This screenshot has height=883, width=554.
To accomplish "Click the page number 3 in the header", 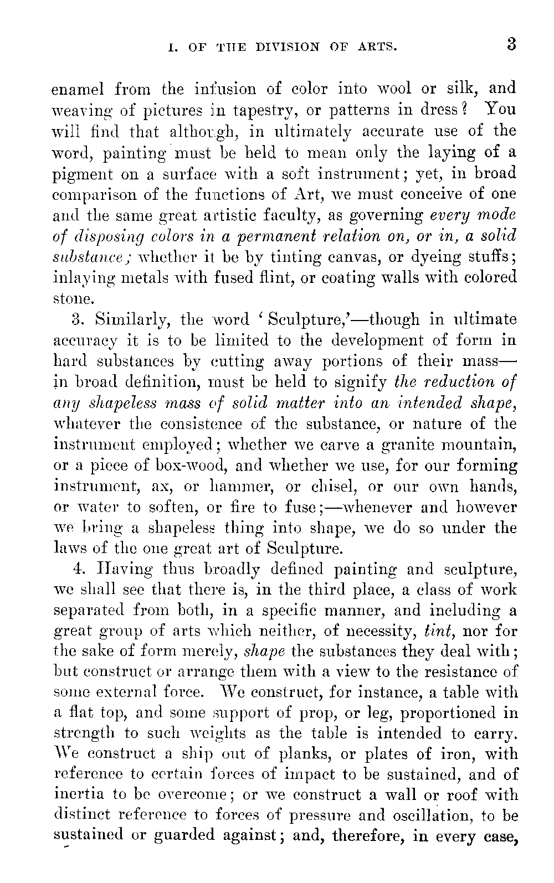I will click(x=510, y=44).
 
